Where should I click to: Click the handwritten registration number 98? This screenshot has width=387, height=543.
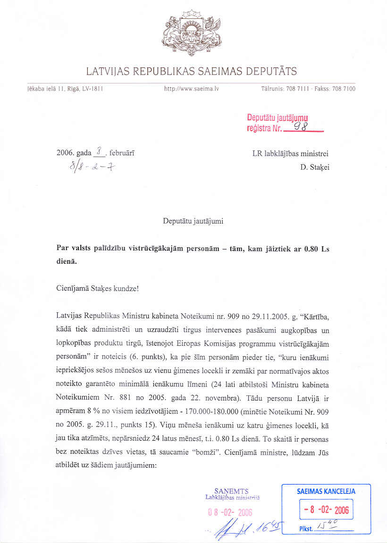[x=301, y=126]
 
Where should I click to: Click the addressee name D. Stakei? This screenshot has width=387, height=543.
[x=314, y=166]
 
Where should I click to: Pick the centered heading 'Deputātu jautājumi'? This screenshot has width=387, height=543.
[x=193, y=221]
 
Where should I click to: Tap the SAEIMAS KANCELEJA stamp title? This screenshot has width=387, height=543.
[x=326, y=491]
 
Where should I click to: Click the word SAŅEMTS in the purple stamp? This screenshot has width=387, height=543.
[x=231, y=491]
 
